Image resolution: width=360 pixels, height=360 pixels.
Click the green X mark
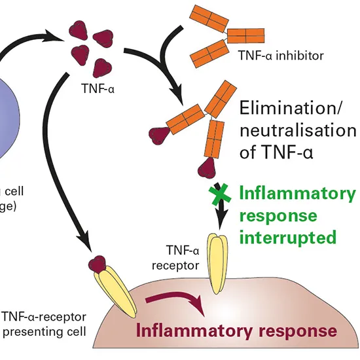coord(220,194)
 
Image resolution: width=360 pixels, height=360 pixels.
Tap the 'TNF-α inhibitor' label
coord(286,56)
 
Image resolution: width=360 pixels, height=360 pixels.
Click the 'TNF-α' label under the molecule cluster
coord(95,85)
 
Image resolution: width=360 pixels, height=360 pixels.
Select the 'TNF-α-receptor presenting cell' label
coord(44,324)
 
